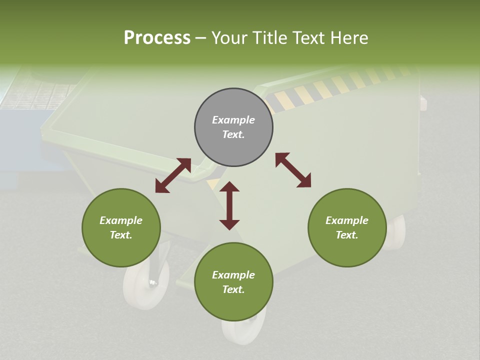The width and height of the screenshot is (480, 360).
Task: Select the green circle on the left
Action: [x=121, y=227]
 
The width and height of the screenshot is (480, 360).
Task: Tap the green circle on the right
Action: [x=347, y=227]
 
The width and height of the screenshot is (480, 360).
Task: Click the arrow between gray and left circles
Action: [x=173, y=175]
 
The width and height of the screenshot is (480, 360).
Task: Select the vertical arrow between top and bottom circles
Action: [x=229, y=205]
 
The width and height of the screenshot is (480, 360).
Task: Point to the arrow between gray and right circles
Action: [x=293, y=170]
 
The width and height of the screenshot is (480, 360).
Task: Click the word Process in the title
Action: [x=157, y=37]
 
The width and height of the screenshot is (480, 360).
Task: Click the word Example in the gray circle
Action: [x=233, y=120]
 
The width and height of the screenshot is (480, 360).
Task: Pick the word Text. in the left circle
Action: [x=121, y=235]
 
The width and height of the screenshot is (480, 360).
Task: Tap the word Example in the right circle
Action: [x=347, y=220]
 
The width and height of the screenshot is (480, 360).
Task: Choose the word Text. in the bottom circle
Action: [x=233, y=289]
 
